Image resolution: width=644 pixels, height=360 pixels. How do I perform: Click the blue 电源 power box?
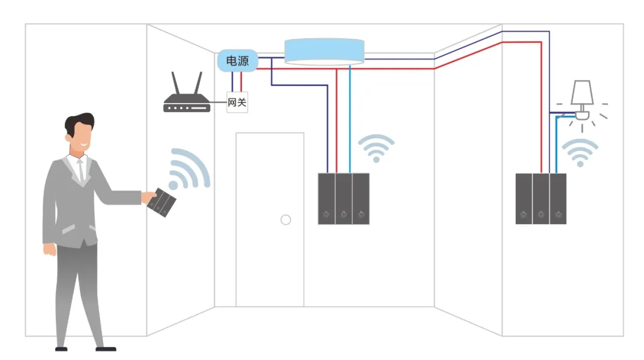[237, 61]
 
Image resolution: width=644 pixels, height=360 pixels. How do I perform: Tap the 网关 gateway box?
[237, 103]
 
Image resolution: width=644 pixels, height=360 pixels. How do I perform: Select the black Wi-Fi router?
[186, 105]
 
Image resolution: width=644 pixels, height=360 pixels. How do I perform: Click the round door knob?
[286, 220]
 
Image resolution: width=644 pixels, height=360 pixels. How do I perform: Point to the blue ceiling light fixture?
[324, 51]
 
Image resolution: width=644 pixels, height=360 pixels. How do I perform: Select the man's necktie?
[80, 170]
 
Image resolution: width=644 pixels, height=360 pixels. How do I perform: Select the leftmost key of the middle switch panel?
[327, 199]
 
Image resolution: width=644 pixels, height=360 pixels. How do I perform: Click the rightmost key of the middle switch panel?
[361, 199]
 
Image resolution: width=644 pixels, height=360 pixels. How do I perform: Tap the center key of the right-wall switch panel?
[541, 199]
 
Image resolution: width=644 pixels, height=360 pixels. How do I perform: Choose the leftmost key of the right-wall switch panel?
[524, 199]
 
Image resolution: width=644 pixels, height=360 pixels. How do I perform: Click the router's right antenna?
[198, 84]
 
